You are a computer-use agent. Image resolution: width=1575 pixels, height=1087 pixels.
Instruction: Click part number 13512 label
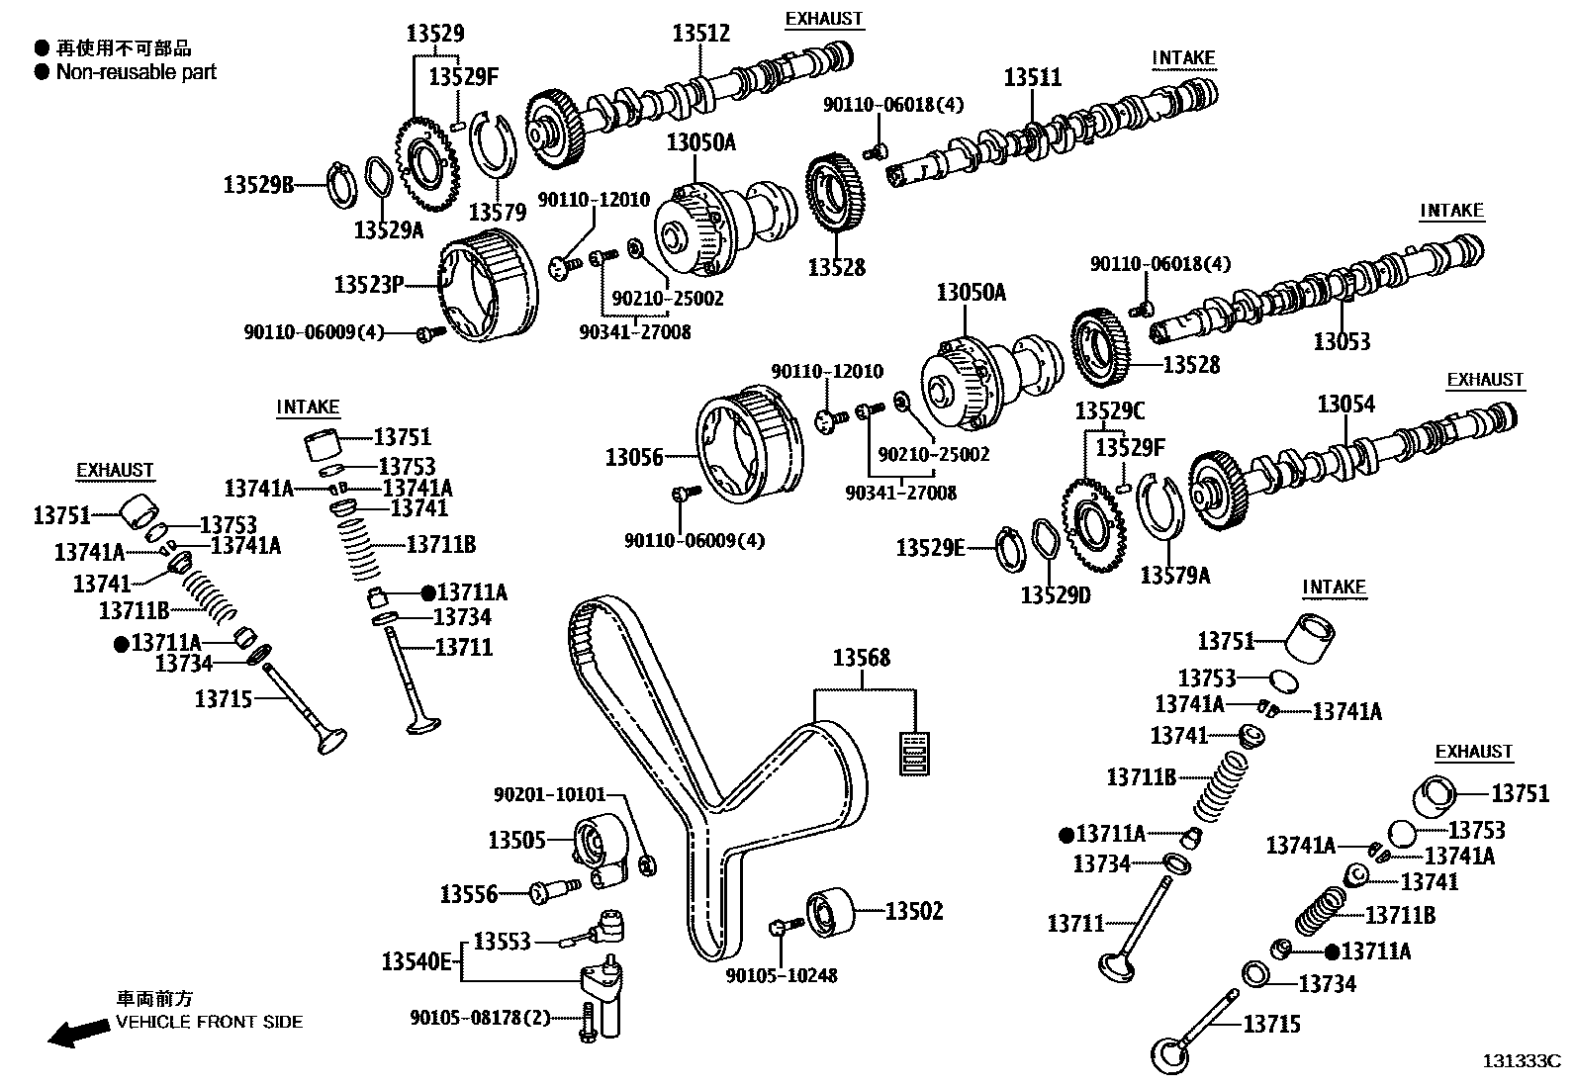700,33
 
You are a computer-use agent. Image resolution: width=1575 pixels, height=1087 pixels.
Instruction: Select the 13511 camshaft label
1033,77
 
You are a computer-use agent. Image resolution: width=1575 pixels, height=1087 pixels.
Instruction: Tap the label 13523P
369,285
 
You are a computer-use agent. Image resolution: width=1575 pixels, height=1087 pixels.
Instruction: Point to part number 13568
861,658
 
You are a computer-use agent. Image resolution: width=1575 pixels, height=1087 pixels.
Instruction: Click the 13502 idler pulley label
913,911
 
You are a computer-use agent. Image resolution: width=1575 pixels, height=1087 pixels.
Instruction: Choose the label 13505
516,840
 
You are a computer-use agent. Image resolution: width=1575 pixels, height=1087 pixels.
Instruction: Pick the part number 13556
469,894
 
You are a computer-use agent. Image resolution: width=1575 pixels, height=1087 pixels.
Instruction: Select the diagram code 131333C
1520,1061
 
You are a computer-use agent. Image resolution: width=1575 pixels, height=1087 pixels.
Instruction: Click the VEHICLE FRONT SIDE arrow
80,1033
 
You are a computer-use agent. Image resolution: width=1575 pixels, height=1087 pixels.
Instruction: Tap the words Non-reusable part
136,71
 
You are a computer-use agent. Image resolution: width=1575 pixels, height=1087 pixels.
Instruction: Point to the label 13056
634,457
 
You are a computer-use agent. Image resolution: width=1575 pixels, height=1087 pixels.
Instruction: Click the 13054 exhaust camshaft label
1345,404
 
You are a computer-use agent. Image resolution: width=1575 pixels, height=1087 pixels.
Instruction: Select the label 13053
1342,342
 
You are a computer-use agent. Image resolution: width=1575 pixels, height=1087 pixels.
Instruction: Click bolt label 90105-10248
782,975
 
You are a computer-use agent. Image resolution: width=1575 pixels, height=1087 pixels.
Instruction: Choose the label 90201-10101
549,794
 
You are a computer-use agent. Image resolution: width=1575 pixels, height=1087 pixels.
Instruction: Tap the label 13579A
1174,575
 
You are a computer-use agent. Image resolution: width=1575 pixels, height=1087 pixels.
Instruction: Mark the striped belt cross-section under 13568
914,754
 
